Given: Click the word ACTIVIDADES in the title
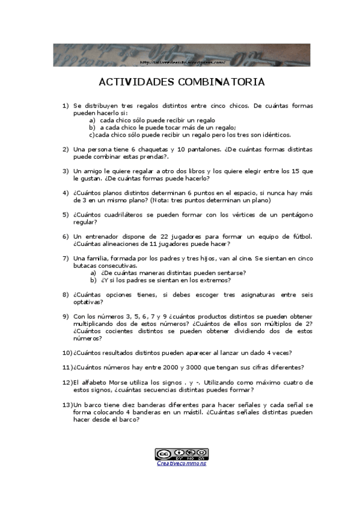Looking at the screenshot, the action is point(135,82).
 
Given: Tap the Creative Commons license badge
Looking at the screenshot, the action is point(182,453).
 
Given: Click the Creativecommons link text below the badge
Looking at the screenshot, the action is point(182,464).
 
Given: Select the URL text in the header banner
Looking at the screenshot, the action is point(182,62).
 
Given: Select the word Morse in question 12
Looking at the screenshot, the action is point(115,382).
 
